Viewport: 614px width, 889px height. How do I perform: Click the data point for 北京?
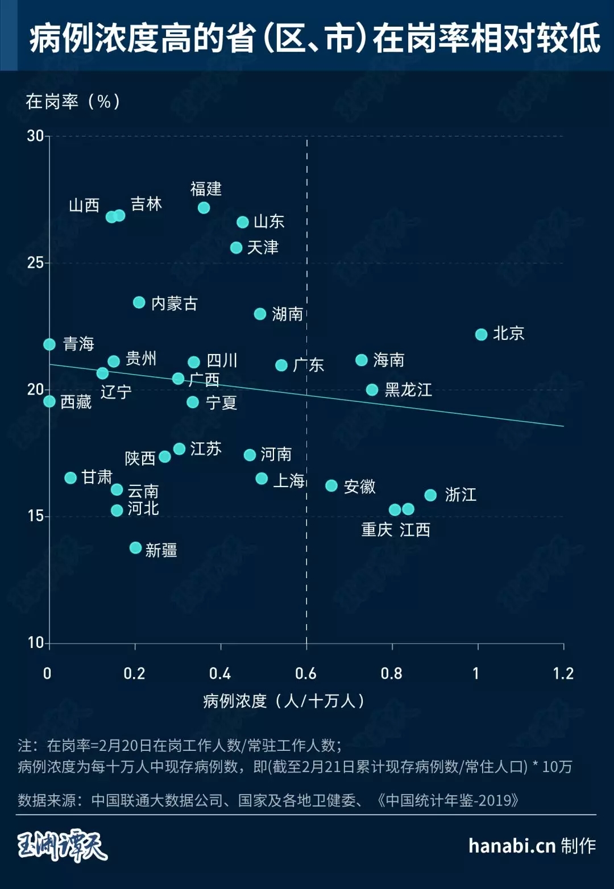tap(481, 334)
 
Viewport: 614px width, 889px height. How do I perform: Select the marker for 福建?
tap(204, 207)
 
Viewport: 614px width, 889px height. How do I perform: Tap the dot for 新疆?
tap(135, 547)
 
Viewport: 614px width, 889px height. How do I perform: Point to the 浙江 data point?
tap(430, 495)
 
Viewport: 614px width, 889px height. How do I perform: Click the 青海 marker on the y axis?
tap(49, 344)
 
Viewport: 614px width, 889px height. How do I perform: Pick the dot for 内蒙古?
tap(139, 302)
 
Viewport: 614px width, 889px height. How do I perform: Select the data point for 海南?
tap(361, 360)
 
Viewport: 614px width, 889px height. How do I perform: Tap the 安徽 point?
tap(331, 485)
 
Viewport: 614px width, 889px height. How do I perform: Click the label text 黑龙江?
tap(408, 390)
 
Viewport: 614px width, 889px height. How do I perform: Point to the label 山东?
tap(269, 221)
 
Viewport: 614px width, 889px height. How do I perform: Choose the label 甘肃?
tap(97, 477)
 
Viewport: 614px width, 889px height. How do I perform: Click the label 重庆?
tap(376, 530)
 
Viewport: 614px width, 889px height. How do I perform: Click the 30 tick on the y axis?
tap(35, 136)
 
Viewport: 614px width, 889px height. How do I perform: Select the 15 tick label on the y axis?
tap(35, 516)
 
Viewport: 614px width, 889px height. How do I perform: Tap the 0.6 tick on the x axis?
tap(306, 674)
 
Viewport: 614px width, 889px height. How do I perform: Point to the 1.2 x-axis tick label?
tap(563, 674)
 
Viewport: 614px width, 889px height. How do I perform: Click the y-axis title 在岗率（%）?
tap(73, 102)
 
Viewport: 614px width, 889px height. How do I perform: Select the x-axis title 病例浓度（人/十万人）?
tap(284, 701)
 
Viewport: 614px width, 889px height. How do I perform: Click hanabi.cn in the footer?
tap(511, 846)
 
